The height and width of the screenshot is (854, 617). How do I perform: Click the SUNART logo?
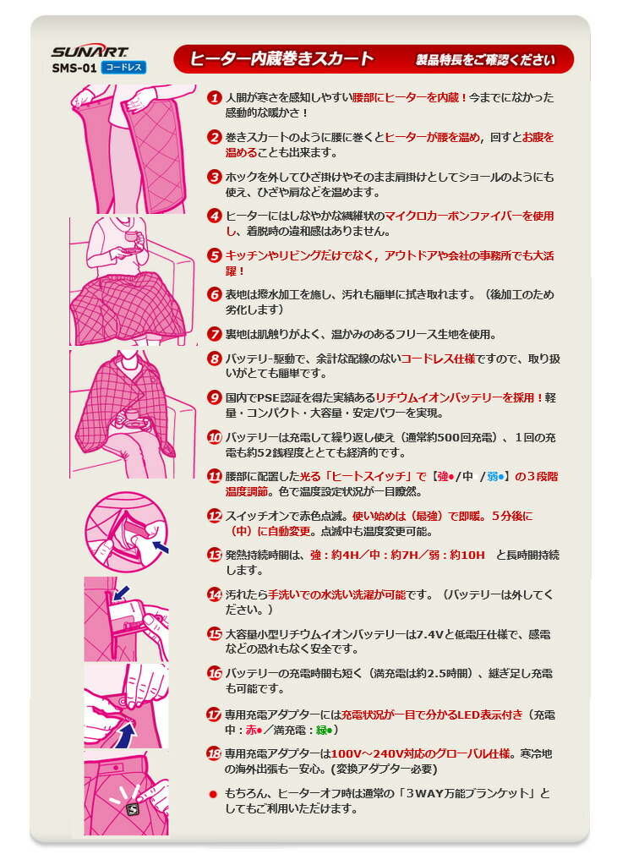[77, 52]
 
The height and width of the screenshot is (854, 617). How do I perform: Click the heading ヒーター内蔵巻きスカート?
[281, 59]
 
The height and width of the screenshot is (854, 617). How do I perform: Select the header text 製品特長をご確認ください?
[484, 60]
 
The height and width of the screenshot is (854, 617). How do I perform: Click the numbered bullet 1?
[215, 98]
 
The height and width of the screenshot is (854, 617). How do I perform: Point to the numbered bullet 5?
[215, 255]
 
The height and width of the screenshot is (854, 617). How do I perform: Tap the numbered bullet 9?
[215, 397]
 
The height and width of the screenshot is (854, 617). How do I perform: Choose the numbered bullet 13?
[215, 555]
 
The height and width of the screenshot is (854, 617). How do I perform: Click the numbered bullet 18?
[215, 753]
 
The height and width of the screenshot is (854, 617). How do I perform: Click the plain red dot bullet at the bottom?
[215, 793]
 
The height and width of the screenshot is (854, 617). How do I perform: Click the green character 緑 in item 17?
[318, 729]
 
